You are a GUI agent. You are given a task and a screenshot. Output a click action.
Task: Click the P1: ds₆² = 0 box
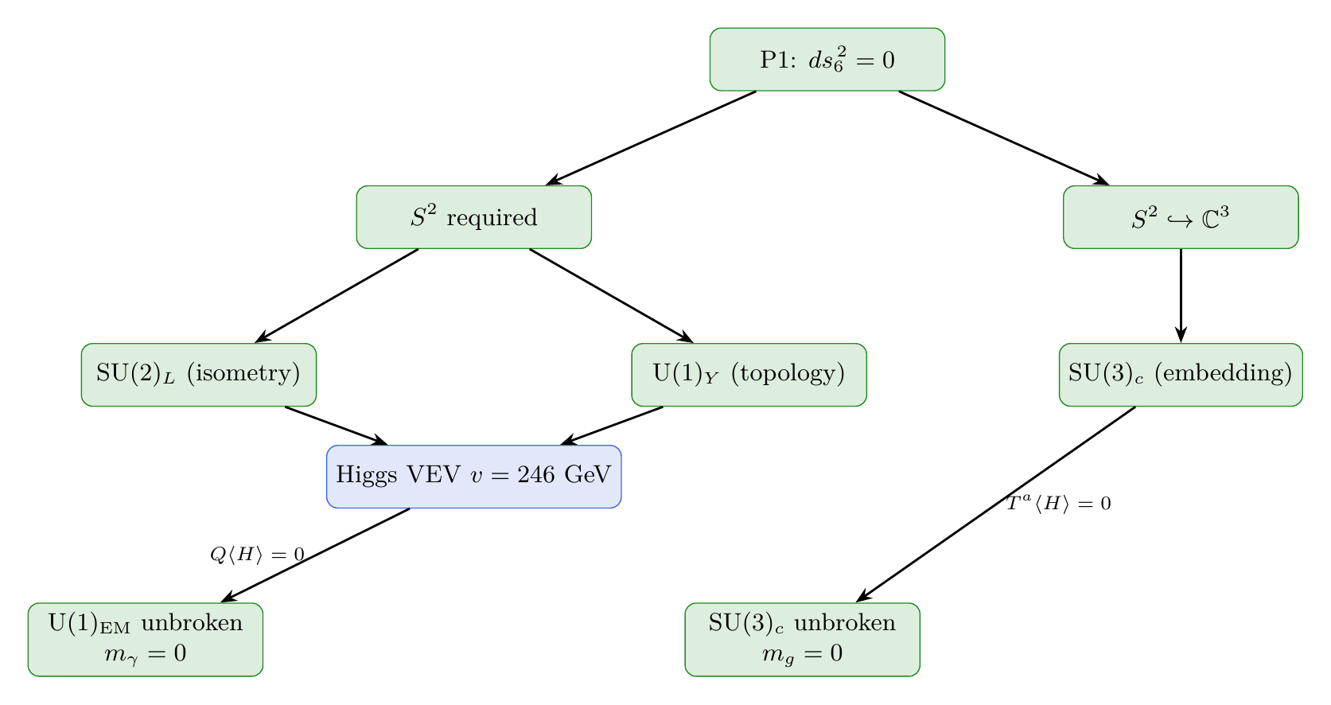[x=827, y=60]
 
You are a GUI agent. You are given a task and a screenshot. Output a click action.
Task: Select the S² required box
[x=473, y=217]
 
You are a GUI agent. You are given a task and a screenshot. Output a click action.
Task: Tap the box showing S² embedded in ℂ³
[x=1181, y=217]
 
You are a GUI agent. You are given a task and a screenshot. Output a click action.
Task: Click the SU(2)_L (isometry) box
[x=199, y=375]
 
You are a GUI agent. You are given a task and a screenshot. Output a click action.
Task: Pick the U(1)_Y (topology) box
[x=749, y=375]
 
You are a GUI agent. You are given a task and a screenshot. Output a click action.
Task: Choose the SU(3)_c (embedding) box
[x=1181, y=375]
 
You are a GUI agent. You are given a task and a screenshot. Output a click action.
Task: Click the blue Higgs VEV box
[x=473, y=476]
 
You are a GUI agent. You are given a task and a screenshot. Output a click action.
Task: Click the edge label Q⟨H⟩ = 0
[x=256, y=555]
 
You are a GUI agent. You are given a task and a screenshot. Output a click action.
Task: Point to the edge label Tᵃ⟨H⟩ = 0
[x=1058, y=504]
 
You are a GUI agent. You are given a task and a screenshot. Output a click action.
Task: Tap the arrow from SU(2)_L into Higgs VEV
[x=336, y=426]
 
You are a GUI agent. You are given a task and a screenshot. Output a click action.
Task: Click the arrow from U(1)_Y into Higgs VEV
[x=613, y=426]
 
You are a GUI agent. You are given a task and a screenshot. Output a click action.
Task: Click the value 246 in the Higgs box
[x=537, y=476]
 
